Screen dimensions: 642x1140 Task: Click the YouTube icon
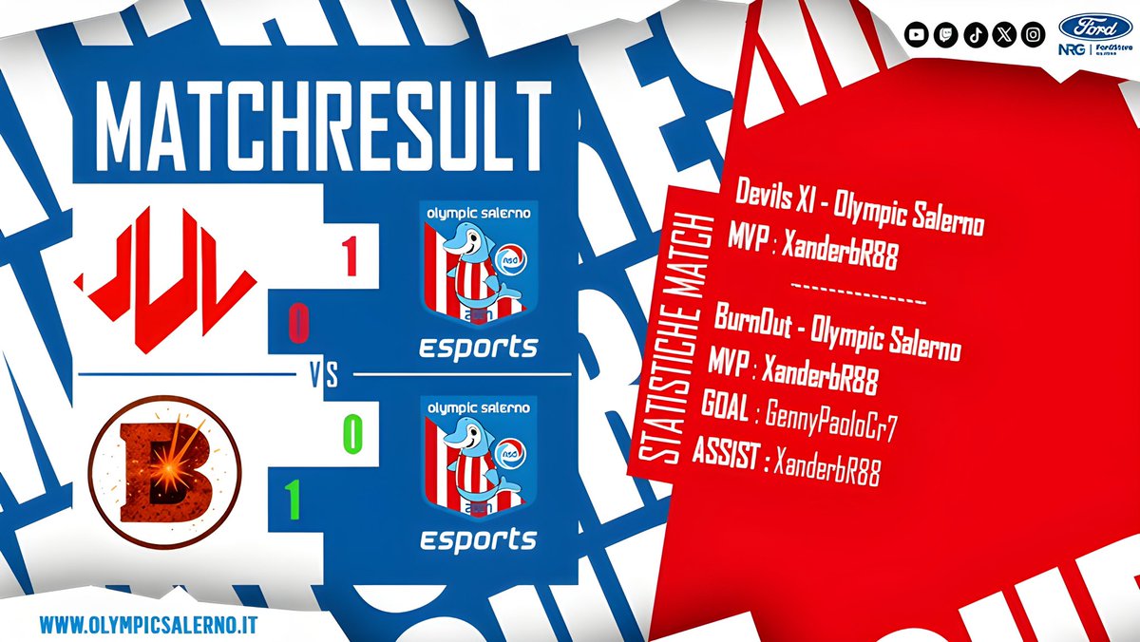pos(916,34)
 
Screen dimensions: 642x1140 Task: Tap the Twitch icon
pos(945,34)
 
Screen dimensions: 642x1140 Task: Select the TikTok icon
pos(975,34)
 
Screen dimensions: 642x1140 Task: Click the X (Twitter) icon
pos(1004,34)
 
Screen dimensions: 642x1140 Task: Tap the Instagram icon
pos(1034,34)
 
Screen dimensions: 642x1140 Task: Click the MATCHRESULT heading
pos(324,126)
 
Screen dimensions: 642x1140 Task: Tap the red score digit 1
pos(350,256)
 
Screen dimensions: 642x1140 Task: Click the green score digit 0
pos(352,434)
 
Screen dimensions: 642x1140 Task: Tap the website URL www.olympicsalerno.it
pos(153,626)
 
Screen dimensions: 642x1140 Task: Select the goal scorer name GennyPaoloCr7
pos(832,422)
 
